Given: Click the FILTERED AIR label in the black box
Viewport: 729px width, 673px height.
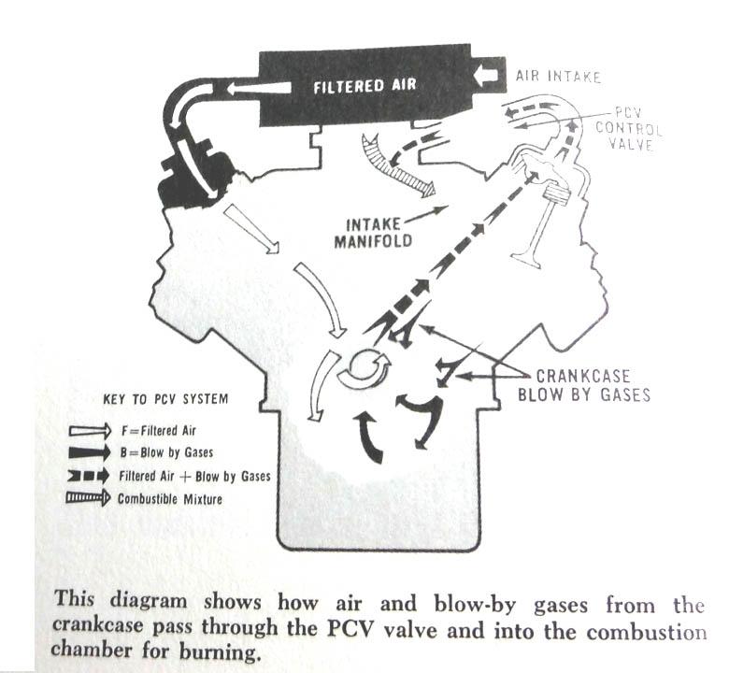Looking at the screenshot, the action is [x=364, y=86].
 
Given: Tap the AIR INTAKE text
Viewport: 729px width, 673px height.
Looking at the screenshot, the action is [x=558, y=77].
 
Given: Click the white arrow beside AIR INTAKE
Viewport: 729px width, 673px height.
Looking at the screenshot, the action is [x=486, y=75].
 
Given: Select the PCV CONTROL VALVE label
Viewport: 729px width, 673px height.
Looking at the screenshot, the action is [x=629, y=128].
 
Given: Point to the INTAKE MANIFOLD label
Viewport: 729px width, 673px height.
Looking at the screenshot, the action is [x=372, y=233].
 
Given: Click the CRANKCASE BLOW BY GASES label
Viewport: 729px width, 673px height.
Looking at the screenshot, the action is [x=584, y=385].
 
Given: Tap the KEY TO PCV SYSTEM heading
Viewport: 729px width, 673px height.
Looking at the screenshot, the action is [x=165, y=399].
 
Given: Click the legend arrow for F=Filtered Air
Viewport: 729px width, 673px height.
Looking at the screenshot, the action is [x=91, y=431].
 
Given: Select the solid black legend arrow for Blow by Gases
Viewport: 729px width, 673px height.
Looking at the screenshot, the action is [x=90, y=452].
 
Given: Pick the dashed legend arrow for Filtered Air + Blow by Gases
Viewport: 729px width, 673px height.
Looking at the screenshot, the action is [x=89, y=477].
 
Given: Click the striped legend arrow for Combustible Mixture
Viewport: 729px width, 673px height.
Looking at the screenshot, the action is [x=88, y=498].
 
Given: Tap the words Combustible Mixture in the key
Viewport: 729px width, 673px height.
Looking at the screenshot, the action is [x=170, y=499].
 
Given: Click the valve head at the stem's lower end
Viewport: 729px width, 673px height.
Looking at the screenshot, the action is [x=527, y=260].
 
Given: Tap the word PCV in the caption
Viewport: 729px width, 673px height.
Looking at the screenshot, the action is [x=350, y=630].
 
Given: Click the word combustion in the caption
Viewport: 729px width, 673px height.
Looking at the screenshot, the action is [x=646, y=633].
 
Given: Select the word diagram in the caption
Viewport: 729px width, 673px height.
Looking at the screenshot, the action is [x=149, y=600].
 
